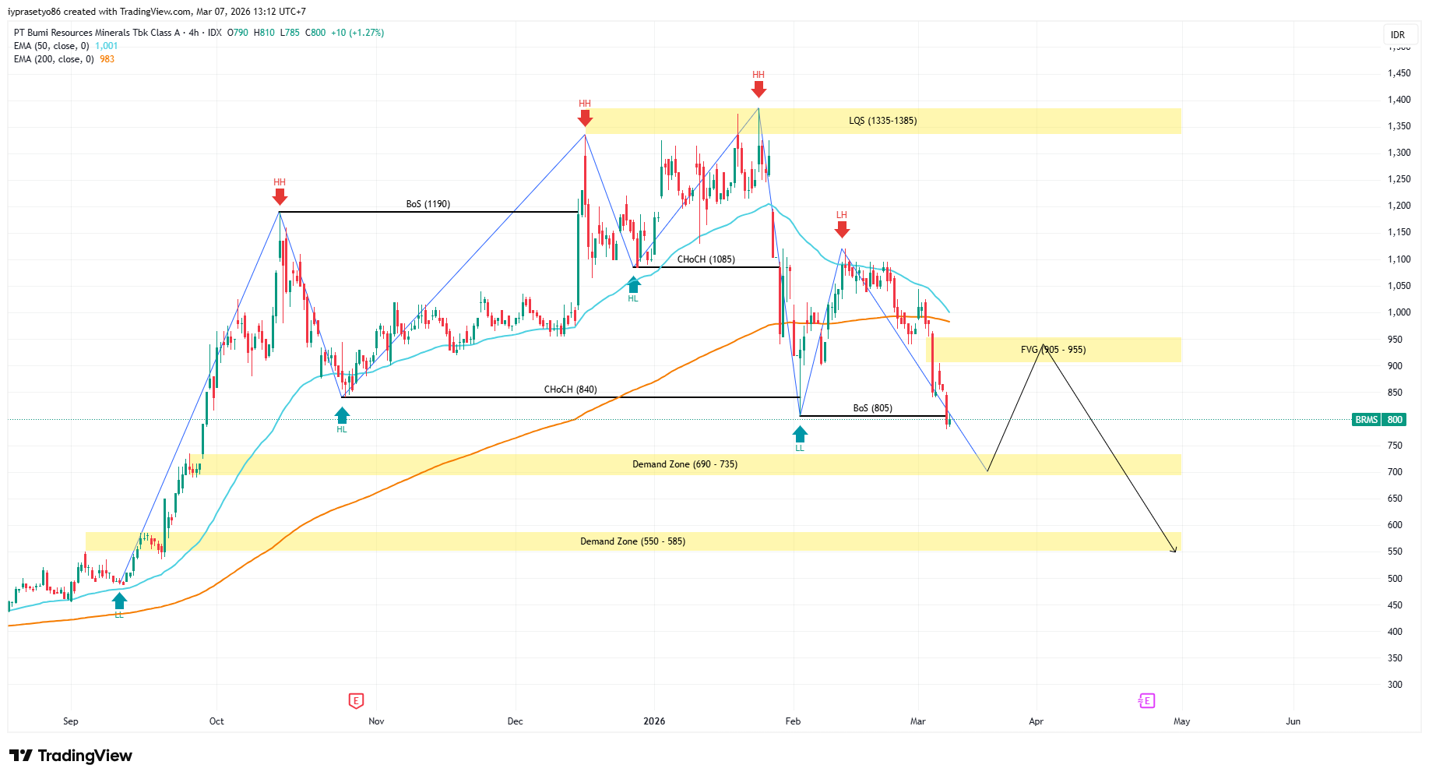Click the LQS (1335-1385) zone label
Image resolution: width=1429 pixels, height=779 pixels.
(882, 121)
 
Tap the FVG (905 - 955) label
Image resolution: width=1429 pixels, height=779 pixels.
(1053, 350)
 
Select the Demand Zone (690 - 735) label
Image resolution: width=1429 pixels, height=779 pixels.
(685, 464)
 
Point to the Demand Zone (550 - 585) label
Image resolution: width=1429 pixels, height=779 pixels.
(632, 541)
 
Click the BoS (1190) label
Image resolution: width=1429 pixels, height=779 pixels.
(428, 204)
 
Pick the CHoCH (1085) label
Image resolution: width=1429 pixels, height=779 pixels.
(706, 259)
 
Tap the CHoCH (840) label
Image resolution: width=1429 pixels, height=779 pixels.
(570, 389)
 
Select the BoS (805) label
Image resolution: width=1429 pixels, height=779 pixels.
(872, 408)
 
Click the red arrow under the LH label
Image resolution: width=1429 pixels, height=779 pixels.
(842, 229)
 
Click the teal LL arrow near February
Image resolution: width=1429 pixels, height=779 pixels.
(800, 434)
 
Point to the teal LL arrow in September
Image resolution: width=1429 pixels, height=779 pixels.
(119, 601)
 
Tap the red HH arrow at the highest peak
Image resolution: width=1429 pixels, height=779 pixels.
(758, 89)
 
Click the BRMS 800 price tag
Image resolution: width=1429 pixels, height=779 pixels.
(1379, 420)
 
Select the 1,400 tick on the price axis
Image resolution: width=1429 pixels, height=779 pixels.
(1399, 100)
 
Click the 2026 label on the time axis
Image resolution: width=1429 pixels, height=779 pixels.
(654, 721)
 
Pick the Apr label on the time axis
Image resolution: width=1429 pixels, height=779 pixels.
(1036, 721)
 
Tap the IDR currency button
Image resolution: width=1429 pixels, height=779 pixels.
(1398, 34)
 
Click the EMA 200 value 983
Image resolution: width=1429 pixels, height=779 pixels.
(107, 59)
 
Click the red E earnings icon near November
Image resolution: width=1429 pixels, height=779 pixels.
(356, 701)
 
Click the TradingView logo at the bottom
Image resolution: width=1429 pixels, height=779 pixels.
(71, 756)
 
